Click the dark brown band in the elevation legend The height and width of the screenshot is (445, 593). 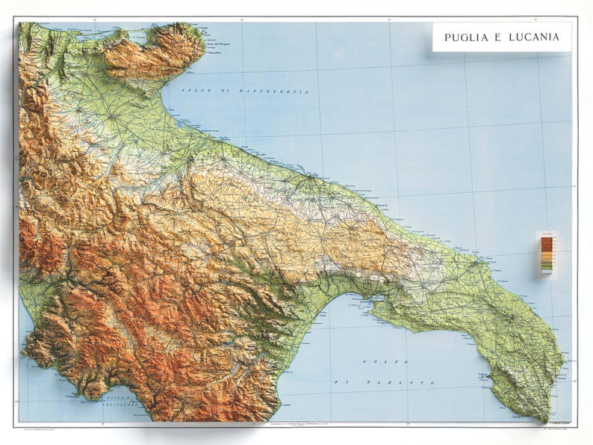[x=546, y=242]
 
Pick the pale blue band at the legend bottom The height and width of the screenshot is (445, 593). [x=546, y=271]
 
